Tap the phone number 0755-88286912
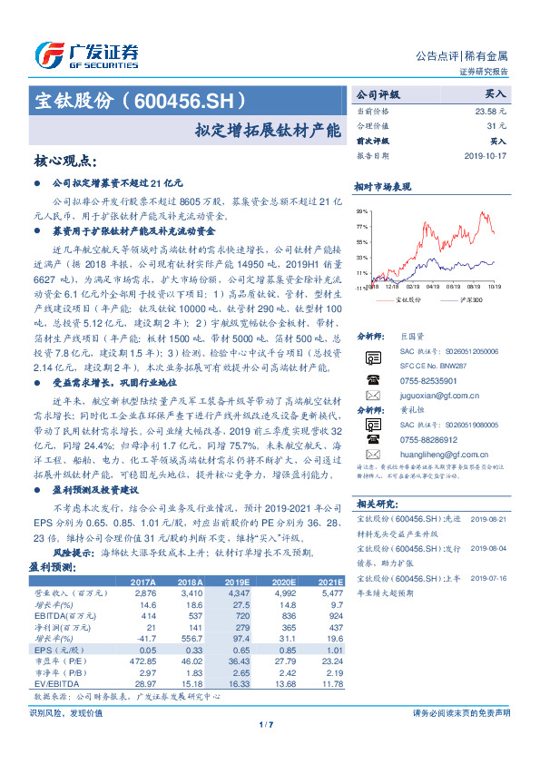[430, 439]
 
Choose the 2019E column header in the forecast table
[238, 583]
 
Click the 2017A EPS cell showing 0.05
[145, 651]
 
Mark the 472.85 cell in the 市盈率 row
[142, 661]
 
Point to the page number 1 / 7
[268, 723]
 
